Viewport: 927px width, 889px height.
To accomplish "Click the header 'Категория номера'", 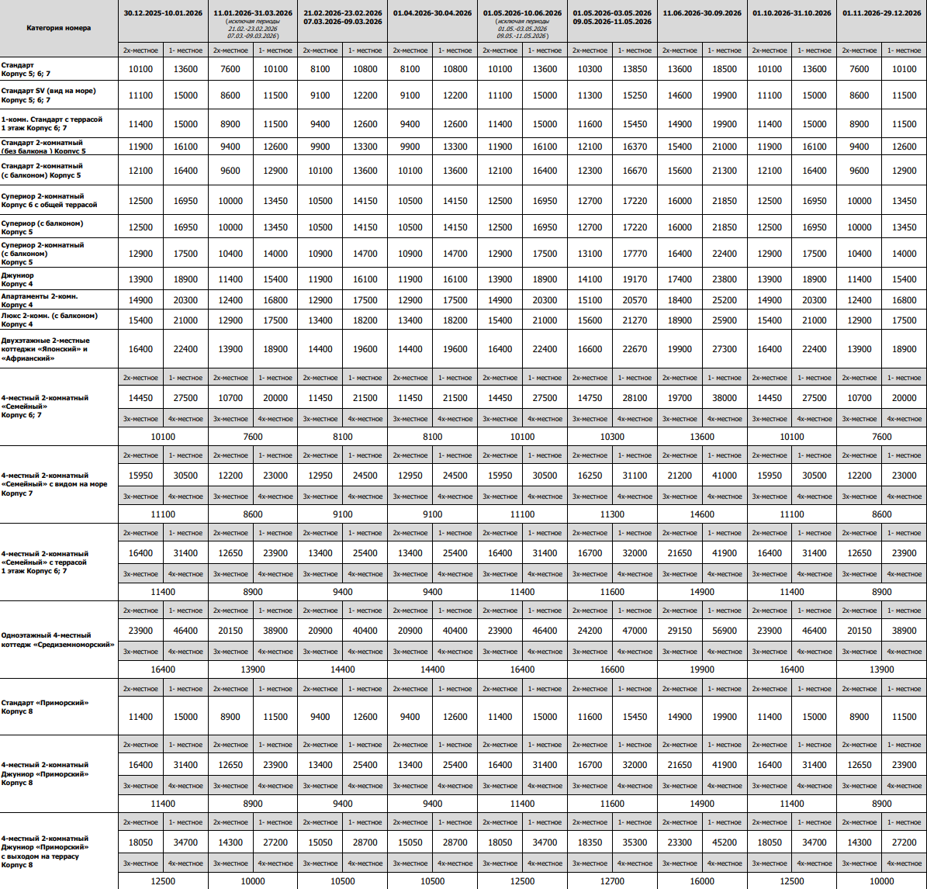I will (x=58, y=28).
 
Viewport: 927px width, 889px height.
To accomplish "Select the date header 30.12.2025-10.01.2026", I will (x=163, y=13).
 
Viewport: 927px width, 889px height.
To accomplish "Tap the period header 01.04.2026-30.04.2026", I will (x=432, y=13).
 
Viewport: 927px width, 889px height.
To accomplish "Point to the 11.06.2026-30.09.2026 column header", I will (x=702, y=13).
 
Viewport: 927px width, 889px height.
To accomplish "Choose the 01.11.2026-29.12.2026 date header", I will (x=881, y=13).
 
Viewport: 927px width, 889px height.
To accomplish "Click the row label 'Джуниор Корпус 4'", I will (x=18, y=279).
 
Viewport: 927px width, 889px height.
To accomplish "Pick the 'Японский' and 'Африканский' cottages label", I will (x=45, y=349).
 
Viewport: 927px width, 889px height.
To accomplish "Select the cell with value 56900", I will (x=725, y=631).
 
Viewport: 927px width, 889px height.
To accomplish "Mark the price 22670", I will (x=635, y=349).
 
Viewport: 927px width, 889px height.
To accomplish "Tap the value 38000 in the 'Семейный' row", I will (x=725, y=398).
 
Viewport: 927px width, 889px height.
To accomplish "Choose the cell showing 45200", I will (x=725, y=842).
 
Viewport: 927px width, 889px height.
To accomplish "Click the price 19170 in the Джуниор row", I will (x=635, y=279).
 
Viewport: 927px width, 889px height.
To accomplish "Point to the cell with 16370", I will (x=635, y=147).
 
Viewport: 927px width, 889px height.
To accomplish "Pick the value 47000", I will (x=635, y=631).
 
